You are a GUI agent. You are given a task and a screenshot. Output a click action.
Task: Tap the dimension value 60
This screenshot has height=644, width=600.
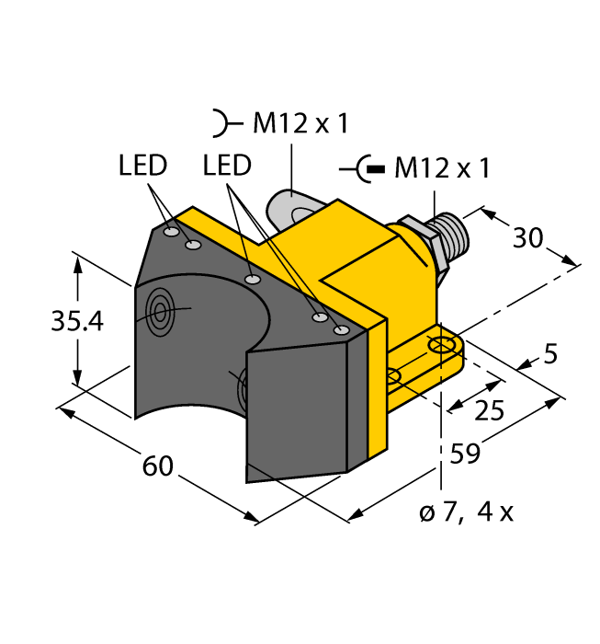tap(158, 466)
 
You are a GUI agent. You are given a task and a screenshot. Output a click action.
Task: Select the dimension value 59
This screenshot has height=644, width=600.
tap(468, 453)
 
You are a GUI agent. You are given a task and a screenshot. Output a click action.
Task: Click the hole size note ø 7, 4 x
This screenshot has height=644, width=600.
tap(466, 512)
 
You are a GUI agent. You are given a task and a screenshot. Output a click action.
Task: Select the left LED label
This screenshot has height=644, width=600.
tap(143, 167)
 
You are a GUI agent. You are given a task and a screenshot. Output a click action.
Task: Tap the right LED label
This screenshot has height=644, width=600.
tap(227, 167)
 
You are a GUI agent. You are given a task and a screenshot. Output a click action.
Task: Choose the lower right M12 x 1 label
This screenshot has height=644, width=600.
tap(441, 169)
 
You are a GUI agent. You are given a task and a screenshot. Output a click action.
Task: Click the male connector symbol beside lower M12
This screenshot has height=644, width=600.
tap(362, 169)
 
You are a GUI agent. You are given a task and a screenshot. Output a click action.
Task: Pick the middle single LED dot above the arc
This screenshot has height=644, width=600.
tap(253, 278)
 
